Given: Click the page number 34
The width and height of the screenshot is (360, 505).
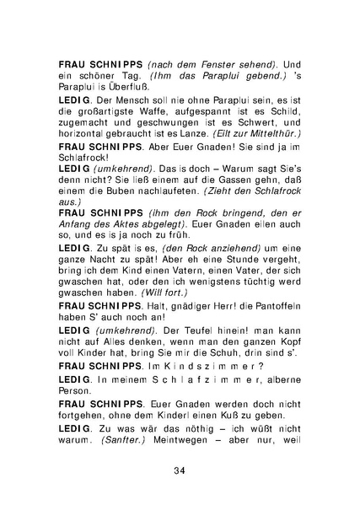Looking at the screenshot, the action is [x=180, y=470].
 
